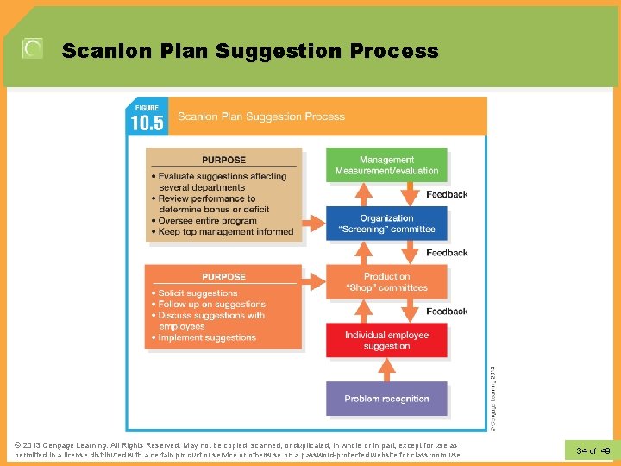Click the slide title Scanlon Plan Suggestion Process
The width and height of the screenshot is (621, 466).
click(x=250, y=51)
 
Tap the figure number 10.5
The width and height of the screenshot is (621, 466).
click(x=147, y=123)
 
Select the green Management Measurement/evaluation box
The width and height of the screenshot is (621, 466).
click(x=386, y=165)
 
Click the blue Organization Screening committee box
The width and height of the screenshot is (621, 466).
click(x=386, y=224)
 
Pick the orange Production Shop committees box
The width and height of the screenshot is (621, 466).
click(x=386, y=282)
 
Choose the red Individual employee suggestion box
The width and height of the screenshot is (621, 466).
click(x=386, y=340)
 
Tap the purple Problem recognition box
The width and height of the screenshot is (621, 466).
click(x=386, y=399)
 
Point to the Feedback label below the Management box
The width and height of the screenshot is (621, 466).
click(x=447, y=194)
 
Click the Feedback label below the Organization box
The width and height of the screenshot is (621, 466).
click(x=447, y=253)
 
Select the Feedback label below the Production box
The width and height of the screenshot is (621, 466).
click(x=447, y=311)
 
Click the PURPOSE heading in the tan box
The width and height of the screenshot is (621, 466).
click(x=223, y=160)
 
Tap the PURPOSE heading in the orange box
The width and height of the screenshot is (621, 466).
click(x=223, y=277)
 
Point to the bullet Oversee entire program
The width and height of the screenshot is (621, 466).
click(x=207, y=220)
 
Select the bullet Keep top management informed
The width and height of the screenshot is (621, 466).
click(x=226, y=231)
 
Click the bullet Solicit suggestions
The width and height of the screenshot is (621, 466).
click(x=198, y=293)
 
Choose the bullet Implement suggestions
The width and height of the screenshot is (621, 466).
click(x=207, y=337)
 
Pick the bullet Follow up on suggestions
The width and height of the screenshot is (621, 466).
click(x=211, y=305)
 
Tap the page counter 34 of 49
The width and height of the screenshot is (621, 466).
click(x=593, y=450)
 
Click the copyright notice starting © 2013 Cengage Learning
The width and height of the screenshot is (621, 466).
click(x=237, y=450)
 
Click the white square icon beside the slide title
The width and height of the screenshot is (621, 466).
click(x=32, y=49)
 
